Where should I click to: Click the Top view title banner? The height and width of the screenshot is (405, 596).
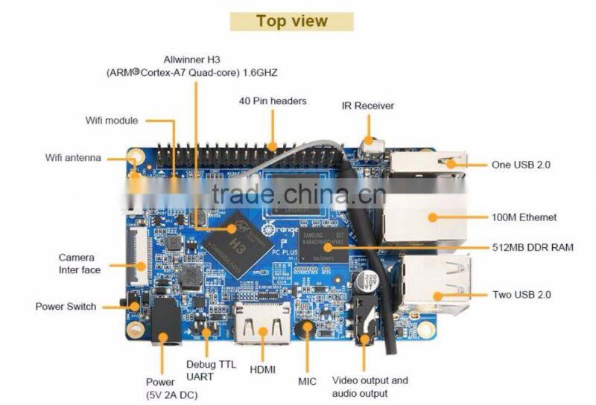click(291, 21)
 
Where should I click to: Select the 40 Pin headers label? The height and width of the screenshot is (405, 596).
click(273, 101)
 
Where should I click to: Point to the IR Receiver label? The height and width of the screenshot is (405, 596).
click(368, 106)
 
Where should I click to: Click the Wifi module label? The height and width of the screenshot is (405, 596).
click(112, 121)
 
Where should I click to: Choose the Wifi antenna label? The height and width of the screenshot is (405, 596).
click(73, 158)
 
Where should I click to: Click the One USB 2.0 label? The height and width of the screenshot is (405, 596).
click(521, 165)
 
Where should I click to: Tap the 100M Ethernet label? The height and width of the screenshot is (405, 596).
click(524, 217)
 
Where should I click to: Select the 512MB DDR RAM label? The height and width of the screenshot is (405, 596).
click(533, 247)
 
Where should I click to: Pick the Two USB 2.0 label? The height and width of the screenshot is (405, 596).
click(521, 294)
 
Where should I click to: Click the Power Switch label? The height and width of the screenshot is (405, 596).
click(66, 306)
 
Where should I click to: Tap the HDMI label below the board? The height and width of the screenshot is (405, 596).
click(263, 370)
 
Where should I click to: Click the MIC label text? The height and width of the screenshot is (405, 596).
click(307, 381)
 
